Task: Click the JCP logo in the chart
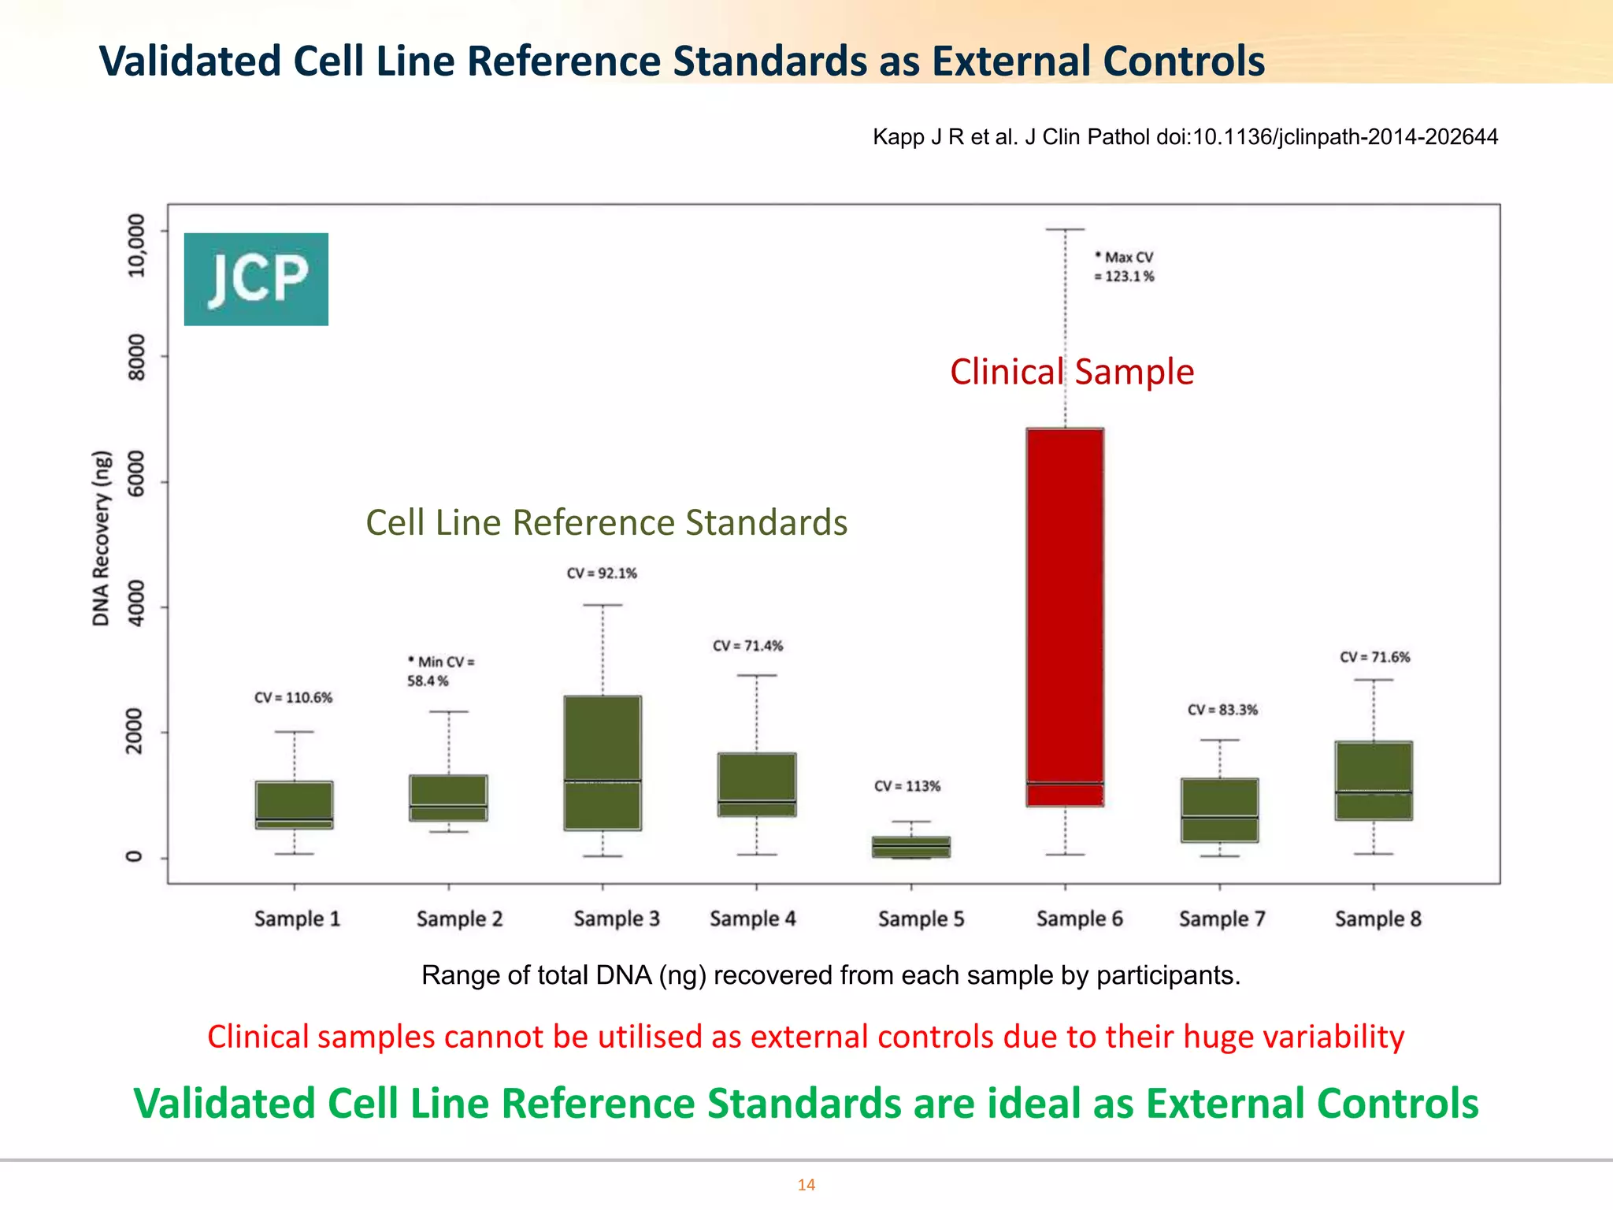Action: [x=256, y=279]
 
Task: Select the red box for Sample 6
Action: [x=1065, y=614]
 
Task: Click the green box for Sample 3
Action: [x=603, y=762]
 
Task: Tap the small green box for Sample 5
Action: [x=911, y=847]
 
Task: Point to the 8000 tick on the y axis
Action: [x=137, y=356]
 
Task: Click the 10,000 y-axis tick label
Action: [x=137, y=245]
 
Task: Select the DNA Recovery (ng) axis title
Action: [x=101, y=539]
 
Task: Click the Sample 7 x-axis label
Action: [x=1222, y=919]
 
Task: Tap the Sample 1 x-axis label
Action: [x=297, y=919]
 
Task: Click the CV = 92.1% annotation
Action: [x=602, y=573]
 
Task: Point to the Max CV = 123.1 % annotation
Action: [x=1125, y=267]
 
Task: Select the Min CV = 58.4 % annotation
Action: [x=439, y=671]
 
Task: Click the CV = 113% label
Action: [x=907, y=786]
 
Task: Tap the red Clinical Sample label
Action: [x=1072, y=372]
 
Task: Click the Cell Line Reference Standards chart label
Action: [x=606, y=523]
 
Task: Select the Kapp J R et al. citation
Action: [x=1185, y=137]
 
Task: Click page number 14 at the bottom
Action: [x=806, y=1185]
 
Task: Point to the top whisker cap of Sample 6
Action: [x=1065, y=229]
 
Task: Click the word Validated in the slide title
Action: [x=190, y=61]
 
